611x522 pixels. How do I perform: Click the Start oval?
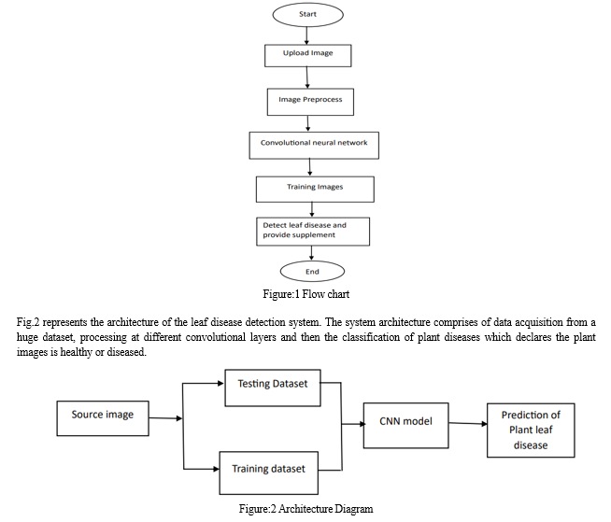[308, 15]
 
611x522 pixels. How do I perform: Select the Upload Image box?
[308, 56]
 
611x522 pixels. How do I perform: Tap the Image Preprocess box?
[310, 102]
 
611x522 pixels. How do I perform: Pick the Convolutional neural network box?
[314, 146]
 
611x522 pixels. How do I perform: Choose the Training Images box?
[315, 190]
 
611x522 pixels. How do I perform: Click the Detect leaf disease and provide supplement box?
[313, 232]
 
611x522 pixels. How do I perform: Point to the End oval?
[312, 272]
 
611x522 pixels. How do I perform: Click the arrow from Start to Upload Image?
[306, 35]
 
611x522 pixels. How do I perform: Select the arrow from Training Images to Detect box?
[312, 209]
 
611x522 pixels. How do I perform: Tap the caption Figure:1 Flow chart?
[305, 294]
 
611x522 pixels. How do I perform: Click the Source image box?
[103, 418]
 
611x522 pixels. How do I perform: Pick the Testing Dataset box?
[273, 388]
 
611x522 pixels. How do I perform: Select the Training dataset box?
[268, 473]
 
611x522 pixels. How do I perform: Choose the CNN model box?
[406, 426]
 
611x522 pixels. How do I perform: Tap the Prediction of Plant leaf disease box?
[531, 430]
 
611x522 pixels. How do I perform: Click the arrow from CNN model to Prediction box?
[468, 423]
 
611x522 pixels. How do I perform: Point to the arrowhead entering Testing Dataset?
[220, 383]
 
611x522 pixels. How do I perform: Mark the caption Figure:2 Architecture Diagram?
[305, 509]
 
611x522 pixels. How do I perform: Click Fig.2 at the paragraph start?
[28, 322]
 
